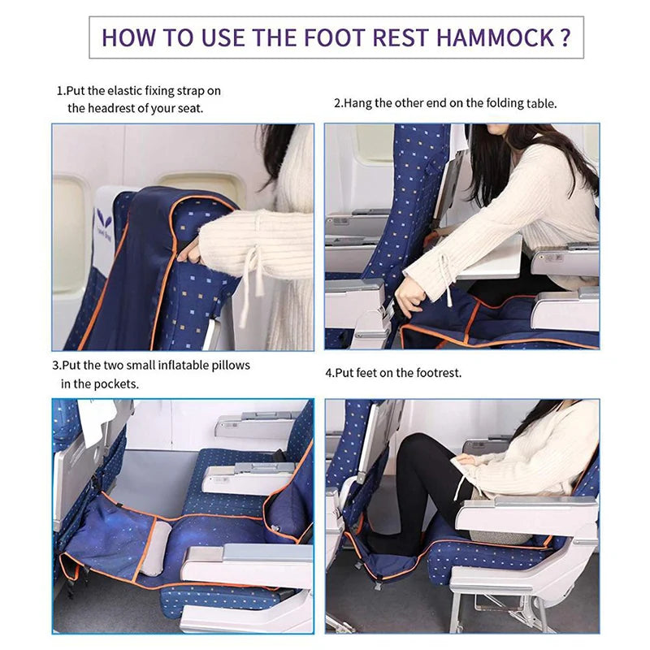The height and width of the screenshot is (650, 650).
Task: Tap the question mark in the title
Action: [x=565, y=37]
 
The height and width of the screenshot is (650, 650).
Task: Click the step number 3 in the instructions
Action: [x=55, y=366]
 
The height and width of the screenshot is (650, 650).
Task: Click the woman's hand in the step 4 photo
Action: [x=465, y=461]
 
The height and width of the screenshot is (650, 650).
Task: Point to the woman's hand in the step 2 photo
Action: [x=409, y=305]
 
